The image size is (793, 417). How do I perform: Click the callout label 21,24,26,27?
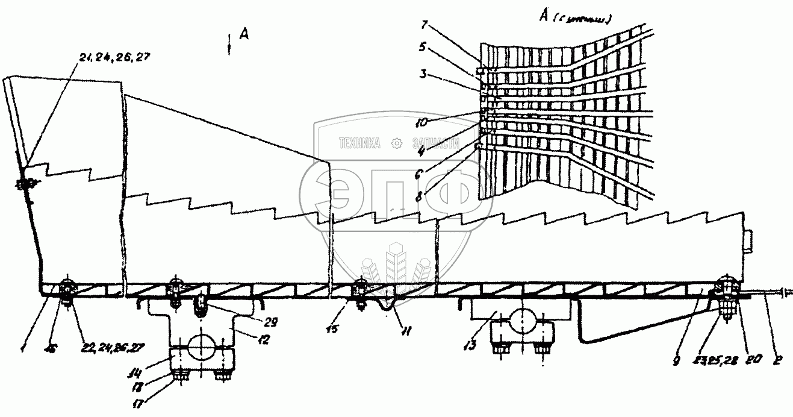click(114, 57)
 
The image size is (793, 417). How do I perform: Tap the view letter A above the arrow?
click(244, 35)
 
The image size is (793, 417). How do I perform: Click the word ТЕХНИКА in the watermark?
click(361, 143)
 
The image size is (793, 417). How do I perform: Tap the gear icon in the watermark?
click(396, 143)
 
